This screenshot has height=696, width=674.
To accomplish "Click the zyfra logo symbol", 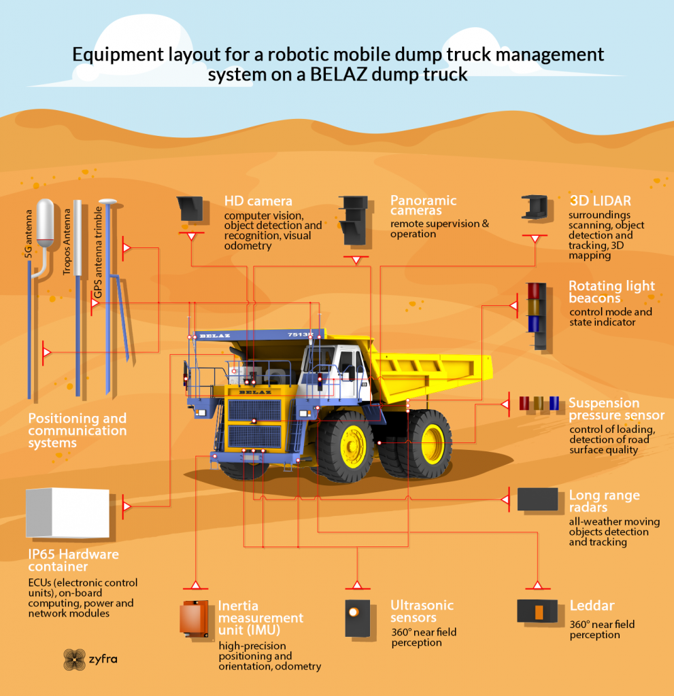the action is [x=74, y=659].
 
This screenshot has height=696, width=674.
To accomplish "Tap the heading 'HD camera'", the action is [x=258, y=201].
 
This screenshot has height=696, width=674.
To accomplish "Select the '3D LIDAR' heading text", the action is [x=601, y=201].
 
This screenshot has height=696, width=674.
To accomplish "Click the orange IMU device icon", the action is [x=194, y=619].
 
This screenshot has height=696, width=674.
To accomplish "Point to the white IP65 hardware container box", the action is [x=67, y=512].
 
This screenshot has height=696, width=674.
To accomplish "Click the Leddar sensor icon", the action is [x=537, y=611].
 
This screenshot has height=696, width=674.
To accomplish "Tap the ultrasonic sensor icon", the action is [x=358, y=619].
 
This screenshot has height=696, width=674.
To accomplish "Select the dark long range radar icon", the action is [x=537, y=500].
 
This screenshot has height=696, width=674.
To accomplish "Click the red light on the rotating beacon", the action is [x=533, y=291].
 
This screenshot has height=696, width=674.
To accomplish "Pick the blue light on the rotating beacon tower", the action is [x=533, y=324].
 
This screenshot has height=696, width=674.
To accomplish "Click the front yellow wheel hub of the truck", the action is [x=353, y=447].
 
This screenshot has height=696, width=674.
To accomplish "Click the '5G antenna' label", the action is [x=29, y=234].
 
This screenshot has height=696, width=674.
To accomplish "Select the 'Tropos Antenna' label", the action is [x=67, y=242].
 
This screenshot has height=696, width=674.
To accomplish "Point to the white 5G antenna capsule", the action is [x=45, y=222].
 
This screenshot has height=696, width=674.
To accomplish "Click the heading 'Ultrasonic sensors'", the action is [x=422, y=611].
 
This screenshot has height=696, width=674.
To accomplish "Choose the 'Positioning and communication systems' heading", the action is [x=78, y=430].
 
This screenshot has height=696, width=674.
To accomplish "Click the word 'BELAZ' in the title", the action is [x=339, y=74].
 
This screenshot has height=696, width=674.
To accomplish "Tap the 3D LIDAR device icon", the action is [x=535, y=207].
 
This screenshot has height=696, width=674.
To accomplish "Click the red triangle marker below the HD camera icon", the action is [x=191, y=236].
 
